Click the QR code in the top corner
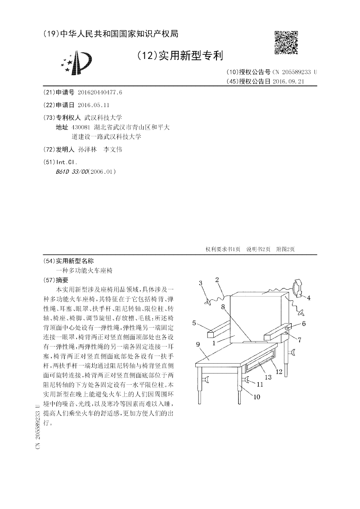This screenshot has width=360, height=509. click(286, 42)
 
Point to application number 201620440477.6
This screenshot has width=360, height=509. click(100, 92)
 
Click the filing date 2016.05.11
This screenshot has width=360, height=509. click(94, 105)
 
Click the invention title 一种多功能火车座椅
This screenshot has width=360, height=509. click(84, 271)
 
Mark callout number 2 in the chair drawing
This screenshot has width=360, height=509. click(217, 279)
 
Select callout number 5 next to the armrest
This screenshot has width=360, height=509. click(194, 323)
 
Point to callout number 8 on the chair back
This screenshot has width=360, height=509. click(223, 307)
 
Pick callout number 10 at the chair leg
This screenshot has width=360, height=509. click(257, 396)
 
